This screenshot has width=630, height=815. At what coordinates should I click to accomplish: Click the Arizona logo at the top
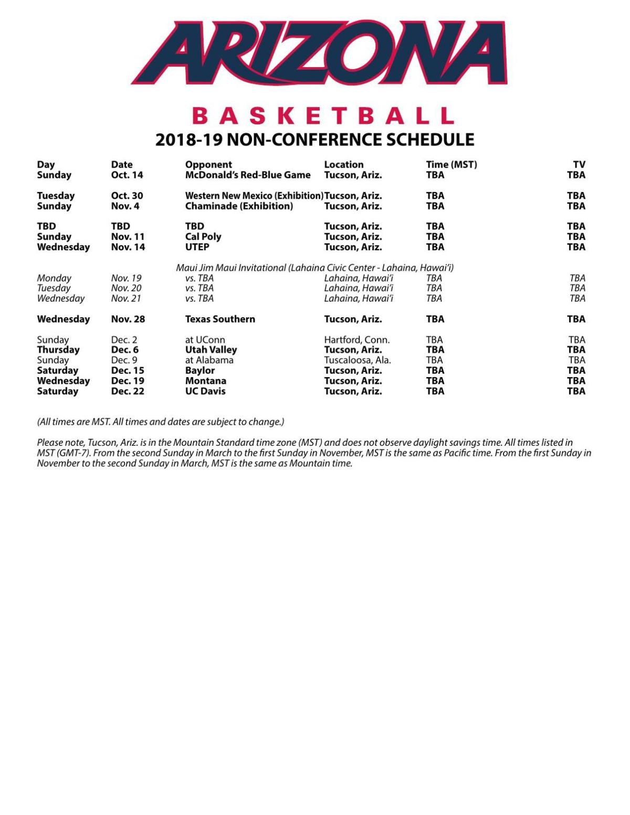click(319, 52)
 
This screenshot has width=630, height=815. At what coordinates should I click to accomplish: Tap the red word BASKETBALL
click(322, 115)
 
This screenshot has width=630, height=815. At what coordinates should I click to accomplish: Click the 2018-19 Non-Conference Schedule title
click(314, 140)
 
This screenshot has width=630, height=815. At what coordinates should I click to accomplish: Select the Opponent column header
click(208, 165)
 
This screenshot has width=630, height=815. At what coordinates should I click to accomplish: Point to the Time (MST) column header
click(451, 165)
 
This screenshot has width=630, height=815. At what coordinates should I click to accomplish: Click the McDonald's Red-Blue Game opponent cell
click(248, 175)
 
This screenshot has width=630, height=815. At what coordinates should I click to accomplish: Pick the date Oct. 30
click(127, 196)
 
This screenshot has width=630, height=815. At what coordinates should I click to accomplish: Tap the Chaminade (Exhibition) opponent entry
click(239, 206)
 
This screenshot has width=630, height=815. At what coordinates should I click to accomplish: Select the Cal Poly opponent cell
click(203, 237)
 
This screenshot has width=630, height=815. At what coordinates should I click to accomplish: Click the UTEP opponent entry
click(197, 247)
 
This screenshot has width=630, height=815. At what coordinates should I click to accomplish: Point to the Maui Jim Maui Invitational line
click(314, 267)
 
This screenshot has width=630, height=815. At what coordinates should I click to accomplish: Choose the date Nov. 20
click(126, 288)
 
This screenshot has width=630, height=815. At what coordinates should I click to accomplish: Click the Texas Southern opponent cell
click(220, 319)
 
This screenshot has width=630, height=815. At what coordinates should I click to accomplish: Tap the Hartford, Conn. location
click(356, 340)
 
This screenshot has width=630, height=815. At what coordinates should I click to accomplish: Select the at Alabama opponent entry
click(209, 360)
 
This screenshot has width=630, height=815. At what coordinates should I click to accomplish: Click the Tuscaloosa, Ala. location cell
click(357, 360)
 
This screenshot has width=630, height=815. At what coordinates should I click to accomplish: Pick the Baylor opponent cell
click(200, 370)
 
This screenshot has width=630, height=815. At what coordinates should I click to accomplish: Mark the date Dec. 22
click(128, 391)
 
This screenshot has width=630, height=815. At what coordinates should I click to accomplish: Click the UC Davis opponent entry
click(205, 391)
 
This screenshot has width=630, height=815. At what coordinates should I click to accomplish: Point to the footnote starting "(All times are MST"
click(160, 422)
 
